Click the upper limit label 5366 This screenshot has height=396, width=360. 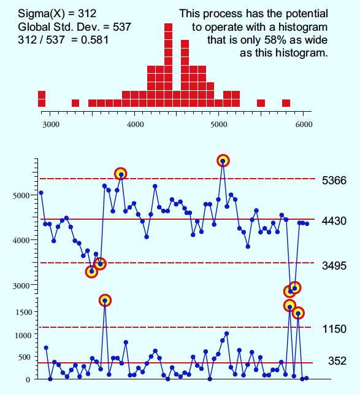[334, 181]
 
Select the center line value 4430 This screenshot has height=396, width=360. [334, 221]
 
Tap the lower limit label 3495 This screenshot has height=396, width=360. [334, 266]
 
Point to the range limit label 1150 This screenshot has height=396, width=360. [334, 329]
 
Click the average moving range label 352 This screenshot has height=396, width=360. [337, 361]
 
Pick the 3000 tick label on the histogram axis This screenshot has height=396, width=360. [51, 125]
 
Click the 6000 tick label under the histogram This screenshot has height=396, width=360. [304, 125]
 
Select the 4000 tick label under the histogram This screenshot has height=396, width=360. [135, 125]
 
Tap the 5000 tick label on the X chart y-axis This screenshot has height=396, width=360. [21, 196]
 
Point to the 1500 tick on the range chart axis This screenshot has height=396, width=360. [24, 313]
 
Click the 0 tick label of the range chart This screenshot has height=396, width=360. [28, 380]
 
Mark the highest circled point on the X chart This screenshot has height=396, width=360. [223, 161]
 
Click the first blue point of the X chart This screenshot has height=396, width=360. [41, 193]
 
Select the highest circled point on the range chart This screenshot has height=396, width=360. [105, 301]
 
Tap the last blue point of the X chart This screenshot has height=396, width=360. [307, 223]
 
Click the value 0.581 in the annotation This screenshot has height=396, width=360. [94, 40]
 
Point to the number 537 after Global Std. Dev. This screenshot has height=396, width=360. [122, 27]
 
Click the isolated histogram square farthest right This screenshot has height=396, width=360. [286, 103]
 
